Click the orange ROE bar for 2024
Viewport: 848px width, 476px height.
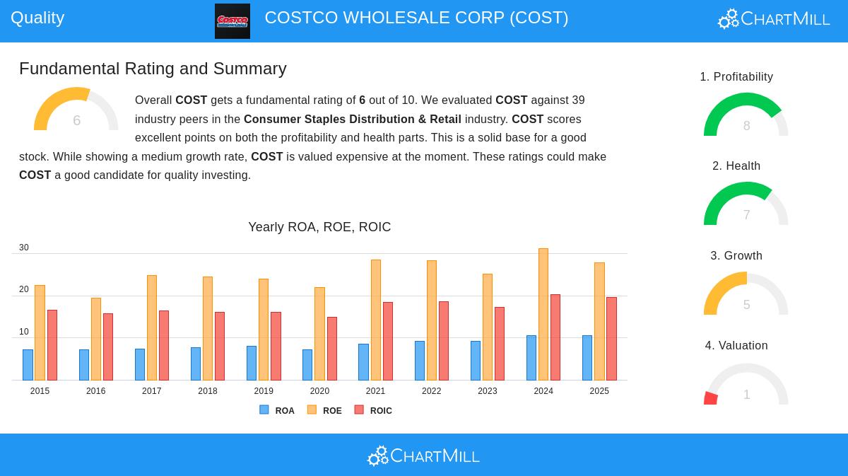pos(543,315)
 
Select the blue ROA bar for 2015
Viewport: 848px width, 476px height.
pos(28,365)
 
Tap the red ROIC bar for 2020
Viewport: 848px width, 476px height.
pos(332,349)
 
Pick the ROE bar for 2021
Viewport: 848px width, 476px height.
pos(376,320)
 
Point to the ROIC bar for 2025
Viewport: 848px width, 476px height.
pos(611,339)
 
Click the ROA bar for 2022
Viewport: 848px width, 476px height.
pos(420,361)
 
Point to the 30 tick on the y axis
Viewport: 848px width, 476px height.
pos(24,248)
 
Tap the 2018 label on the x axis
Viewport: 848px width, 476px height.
pos(208,391)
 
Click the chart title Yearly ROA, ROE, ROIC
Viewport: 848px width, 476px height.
pos(319,227)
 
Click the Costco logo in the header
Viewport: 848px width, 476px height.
pos(232,21)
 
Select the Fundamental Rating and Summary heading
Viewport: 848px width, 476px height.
pos(153,69)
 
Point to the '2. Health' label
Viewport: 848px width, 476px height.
pos(736,166)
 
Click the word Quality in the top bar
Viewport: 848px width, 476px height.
pos(37,18)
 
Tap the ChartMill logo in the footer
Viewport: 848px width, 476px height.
pos(423,456)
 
